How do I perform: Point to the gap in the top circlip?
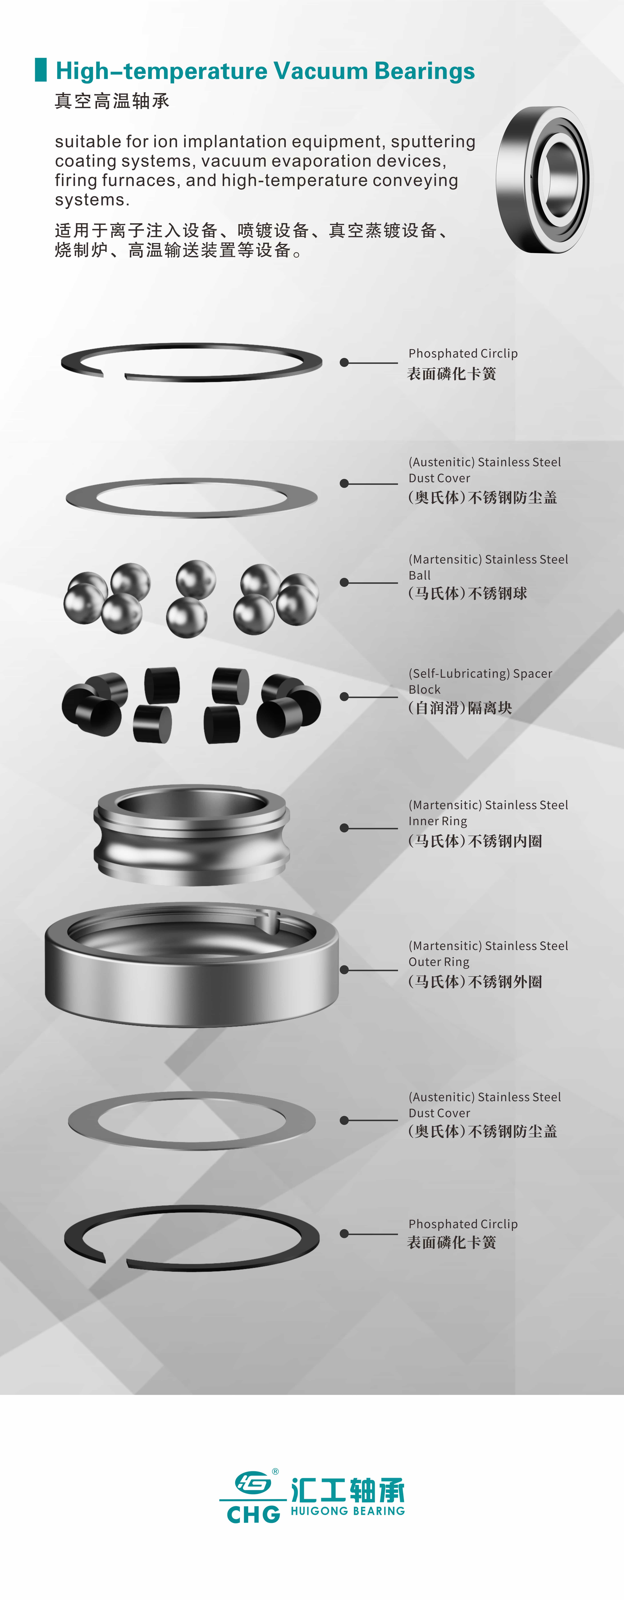pyautogui.click(x=114, y=375)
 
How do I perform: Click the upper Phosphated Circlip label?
pyautogui.click(x=463, y=353)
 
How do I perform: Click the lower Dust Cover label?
pyautogui.click(x=439, y=1113)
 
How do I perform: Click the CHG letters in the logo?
pyautogui.click(x=253, y=1514)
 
